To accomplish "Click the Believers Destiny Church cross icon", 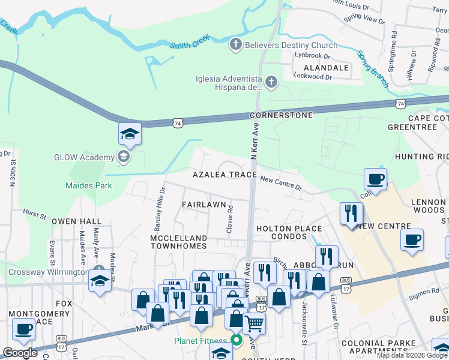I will coord(236,44).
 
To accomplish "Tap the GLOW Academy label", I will coord(83,158).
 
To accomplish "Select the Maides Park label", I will coord(89,186).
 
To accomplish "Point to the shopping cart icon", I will coord(255,323).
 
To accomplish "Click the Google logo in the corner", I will coord(20,353).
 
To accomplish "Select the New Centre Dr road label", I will coord(281,182).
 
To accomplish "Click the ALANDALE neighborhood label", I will coord(326,68).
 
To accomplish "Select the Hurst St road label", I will coord(35,213).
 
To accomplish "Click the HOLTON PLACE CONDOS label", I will coord(289,233).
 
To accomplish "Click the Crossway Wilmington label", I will coord(48,272).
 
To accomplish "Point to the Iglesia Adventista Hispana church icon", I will coord(271,82).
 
